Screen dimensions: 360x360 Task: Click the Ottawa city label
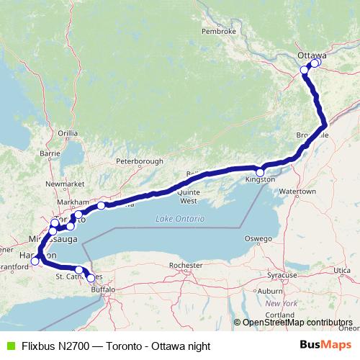312,55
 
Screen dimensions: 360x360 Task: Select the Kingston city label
260,179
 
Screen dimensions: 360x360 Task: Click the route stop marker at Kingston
260,172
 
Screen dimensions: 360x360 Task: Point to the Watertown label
298,192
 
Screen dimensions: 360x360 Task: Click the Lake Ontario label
180,218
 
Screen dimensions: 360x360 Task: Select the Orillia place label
68,133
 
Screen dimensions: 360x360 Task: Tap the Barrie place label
50,153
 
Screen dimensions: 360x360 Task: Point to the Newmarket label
60,185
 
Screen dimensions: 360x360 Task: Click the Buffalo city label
104,289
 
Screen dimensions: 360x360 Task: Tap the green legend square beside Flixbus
9,346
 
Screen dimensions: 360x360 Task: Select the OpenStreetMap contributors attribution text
297,323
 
